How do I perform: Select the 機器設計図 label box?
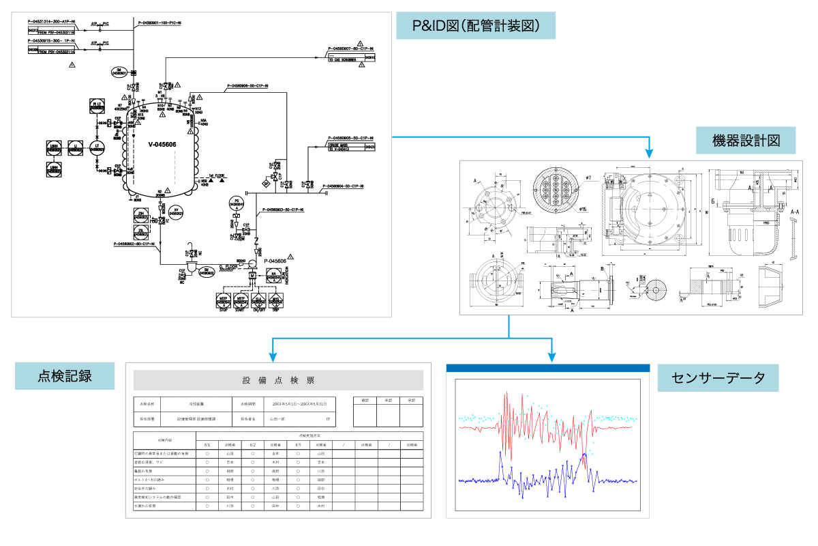click(x=746, y=142)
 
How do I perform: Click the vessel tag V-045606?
click(x=163, y=144)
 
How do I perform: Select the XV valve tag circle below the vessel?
click(x=177, y=212)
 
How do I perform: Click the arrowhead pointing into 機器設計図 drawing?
click(x=650, y=151)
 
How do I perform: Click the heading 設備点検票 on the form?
click(x=278, y=380)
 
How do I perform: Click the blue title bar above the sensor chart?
click(x=548, y=369)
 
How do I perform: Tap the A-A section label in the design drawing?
click(x=795, y=212)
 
